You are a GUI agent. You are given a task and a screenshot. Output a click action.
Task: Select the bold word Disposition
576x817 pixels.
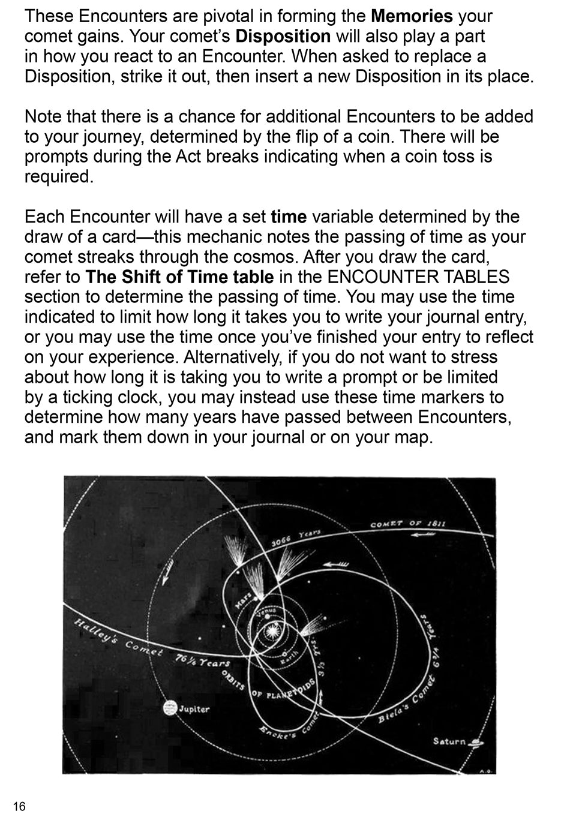[283, 36]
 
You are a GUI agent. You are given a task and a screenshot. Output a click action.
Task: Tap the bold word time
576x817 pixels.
[289, 217]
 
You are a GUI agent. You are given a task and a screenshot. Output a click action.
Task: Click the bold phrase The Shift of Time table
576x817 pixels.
[179, 277]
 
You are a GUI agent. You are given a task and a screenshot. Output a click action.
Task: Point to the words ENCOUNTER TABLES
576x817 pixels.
[418, 277]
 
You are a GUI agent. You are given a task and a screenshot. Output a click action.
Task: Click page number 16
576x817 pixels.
[19, 806]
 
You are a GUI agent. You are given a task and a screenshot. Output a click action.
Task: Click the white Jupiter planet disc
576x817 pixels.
[170, 708]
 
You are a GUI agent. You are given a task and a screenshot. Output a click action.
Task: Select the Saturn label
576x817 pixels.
[449, 741]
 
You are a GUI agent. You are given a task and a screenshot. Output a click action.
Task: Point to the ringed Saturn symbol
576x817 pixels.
[477, 742]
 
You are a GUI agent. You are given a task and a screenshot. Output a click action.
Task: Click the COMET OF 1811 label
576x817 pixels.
[408, 524]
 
